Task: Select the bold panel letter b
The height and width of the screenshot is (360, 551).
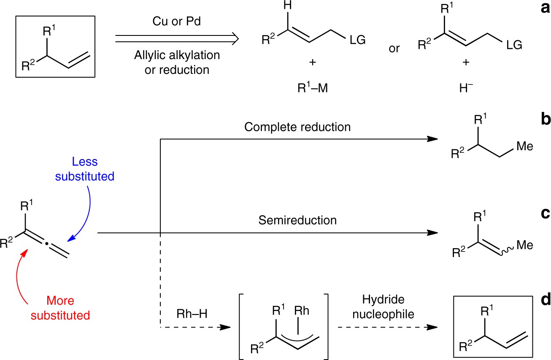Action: pyautogui.click(x=542, y=119)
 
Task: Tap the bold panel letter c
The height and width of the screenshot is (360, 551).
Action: pyautogui.click(x=543, y=214)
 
